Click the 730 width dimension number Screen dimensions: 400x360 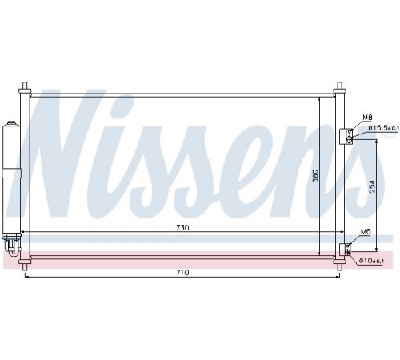[x=182, y=228]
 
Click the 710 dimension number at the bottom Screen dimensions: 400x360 [x=182, y=273]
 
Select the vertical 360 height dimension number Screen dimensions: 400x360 [x=315, y=175]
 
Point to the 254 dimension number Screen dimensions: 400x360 [x=372, y=186]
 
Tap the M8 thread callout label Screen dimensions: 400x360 [x=367, y=118]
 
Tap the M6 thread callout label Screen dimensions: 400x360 [x=366, y=232]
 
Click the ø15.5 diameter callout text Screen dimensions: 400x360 [x=383, y=128]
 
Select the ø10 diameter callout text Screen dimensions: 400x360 [x=371, y=260]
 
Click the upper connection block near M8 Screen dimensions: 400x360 [x=346, y=137]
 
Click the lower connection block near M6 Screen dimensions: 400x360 [x=345, y=250]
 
